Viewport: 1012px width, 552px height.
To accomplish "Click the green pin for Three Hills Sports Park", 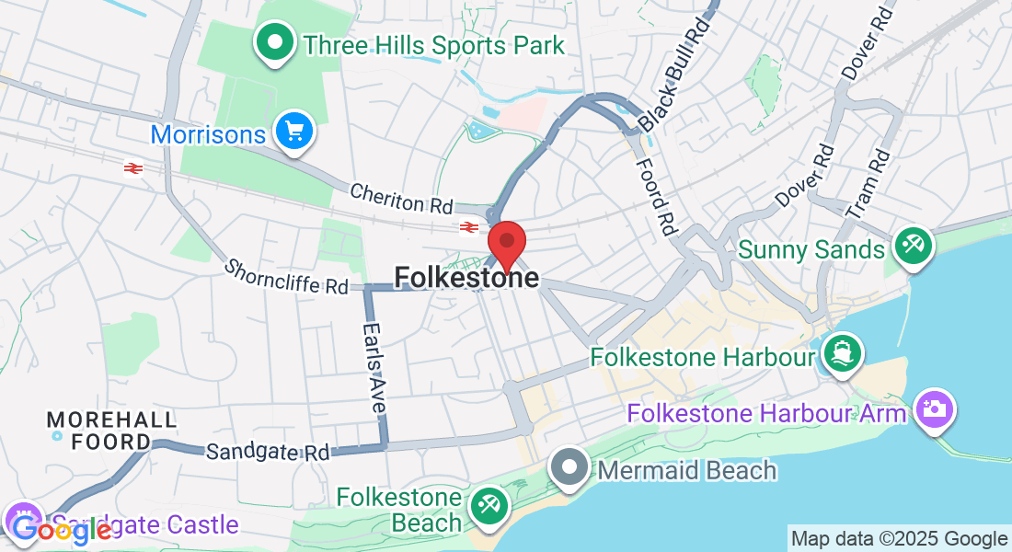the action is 274,42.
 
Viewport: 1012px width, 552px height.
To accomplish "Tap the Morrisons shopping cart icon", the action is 294,132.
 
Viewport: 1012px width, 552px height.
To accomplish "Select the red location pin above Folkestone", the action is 506,244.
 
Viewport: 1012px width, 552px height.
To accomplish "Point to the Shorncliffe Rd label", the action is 286,277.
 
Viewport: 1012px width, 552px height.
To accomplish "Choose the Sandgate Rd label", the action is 268,452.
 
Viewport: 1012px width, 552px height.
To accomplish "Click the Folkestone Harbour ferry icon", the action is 839,353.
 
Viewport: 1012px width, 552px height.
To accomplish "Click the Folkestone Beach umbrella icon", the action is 488,504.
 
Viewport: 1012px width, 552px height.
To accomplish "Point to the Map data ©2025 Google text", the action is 899,539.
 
